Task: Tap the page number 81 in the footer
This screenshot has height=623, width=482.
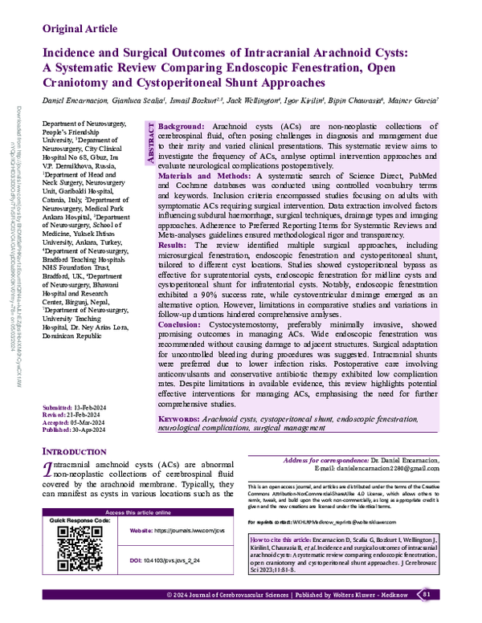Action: coord(427,616)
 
